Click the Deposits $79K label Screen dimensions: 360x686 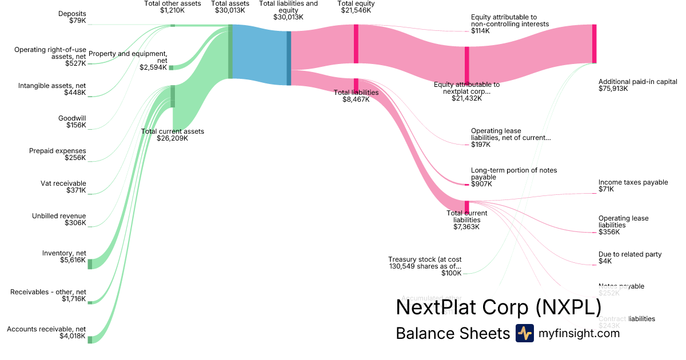click(x=72, y=17)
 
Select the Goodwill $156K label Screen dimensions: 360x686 click(x=72, y=122)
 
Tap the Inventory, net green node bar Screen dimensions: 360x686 click(x=90, y=263)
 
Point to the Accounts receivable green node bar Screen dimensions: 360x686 click(x=90, y=339)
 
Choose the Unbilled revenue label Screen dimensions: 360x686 click(x=59, y=216)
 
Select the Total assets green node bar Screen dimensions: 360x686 click(x=230, y=51)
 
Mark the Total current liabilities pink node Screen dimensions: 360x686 click(x=466, y=206)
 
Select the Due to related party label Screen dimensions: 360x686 click(x=629, y=254)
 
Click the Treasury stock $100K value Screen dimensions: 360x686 click(x=451, y=274)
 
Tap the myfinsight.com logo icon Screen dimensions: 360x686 click(x=525, y=333)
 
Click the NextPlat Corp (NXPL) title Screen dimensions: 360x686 click(x=498, y=307)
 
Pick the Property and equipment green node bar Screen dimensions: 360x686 click(x=171, y=67)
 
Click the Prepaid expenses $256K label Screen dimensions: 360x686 click(x=57, y=154)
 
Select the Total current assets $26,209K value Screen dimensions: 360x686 click(x=173, y=138)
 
